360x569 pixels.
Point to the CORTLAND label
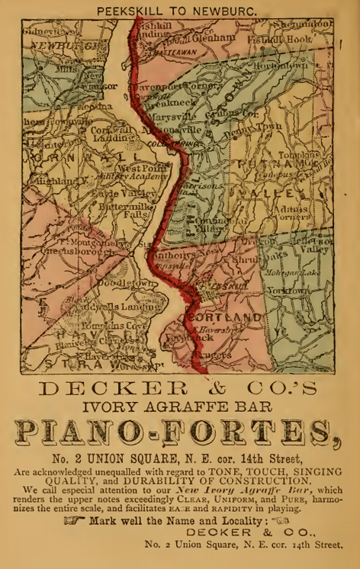(226, 317)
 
